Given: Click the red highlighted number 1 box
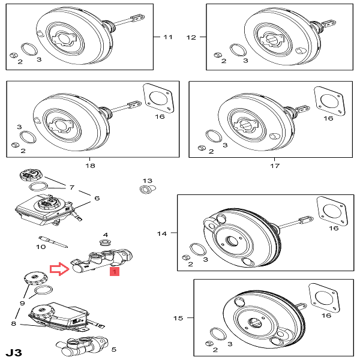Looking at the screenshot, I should (x=114, y=272).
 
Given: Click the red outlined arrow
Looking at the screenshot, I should (x=59, y=269).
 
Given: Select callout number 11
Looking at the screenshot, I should (x=167, y=37).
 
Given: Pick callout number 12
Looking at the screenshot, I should (x=191, y=37).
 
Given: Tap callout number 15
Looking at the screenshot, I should (x=178, y=317).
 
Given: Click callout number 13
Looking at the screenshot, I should (x=148, y=180).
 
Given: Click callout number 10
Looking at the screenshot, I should (x=41, y=246).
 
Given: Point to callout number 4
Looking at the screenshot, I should (x=105, y=235).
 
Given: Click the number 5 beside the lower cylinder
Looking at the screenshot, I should (x=114, y=349).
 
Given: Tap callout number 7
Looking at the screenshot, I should (x=71, y=187).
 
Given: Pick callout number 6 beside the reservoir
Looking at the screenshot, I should (x=96, y=198).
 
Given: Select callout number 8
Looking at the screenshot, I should (x=14, y=324).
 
